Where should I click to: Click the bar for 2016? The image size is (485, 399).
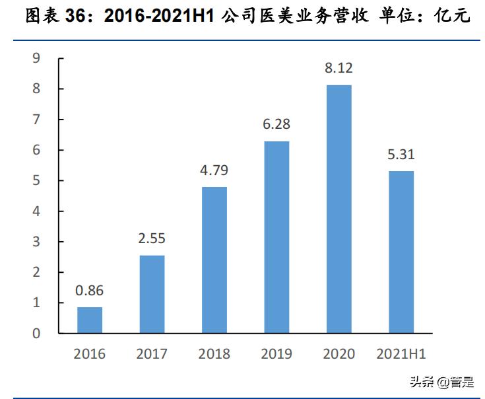[90, 320]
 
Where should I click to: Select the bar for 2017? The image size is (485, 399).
[152, 294]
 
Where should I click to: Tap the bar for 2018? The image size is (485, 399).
[214, 260]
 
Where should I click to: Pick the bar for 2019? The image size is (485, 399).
[276, 237]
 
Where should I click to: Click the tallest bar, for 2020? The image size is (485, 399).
[339, 209]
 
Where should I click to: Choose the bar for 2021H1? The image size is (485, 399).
[401, 252]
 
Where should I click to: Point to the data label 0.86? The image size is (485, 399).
[90, 291]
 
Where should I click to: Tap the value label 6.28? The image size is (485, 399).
[276, 125]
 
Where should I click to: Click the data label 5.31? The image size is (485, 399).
[401, 155]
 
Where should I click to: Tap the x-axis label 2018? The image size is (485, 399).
[214, 354]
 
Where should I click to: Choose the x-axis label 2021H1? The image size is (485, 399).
[401, 354]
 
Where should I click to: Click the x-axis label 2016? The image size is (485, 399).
[90, 354]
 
